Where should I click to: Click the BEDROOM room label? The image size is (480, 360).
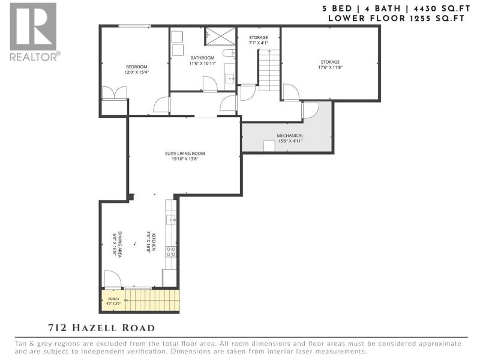tap(137, 67)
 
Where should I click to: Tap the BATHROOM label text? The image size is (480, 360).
tap(202, 58)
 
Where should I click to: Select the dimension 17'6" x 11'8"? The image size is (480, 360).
tap(331, 67)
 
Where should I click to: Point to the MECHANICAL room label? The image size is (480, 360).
tap(290, 136)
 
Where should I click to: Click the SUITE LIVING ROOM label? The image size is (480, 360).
tap(185, 154)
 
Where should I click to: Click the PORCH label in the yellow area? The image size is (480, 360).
tap(113, 299)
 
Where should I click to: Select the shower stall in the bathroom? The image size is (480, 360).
tap(220, 36)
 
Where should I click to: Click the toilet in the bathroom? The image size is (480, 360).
tap(229, 53)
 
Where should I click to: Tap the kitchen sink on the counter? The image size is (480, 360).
tap(170, 219)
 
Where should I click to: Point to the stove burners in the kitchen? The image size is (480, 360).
tap(171, 251)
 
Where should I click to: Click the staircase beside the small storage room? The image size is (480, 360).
tap(269, 70)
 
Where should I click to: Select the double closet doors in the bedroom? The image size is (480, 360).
tap(114, 92)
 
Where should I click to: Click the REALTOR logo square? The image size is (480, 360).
tap(33, 26)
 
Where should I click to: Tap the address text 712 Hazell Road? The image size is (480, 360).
tap(101, 328)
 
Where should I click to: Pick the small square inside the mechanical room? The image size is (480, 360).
tap(269, 146)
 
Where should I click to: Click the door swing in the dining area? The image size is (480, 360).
tap(112, 279)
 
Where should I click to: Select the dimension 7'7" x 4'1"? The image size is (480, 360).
tap(259, 43)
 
